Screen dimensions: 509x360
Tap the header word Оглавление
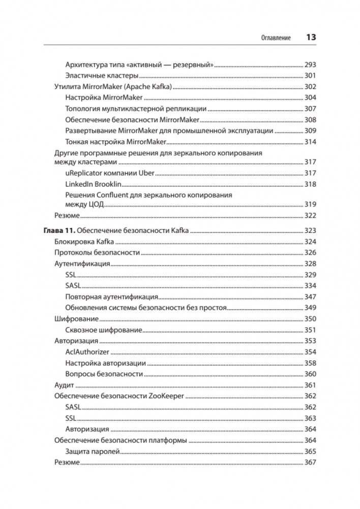pyautogui.click(x=276, y=38)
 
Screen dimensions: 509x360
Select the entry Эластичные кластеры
pyautogui.click(x=95, y=76)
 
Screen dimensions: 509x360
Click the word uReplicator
pyautogui.click(x=83, y=173)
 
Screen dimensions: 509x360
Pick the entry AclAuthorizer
pyautogui.click(x=87, y=352)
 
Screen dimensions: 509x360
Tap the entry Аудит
pyautogui.click(x=63, y=385)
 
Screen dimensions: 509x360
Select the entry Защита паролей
pyautogui.click(x=92, y=452)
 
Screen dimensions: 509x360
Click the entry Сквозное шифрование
pyautogui.click(x=103, y=330)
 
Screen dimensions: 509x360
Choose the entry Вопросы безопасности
pyautogui.click(x=104, y=374)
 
